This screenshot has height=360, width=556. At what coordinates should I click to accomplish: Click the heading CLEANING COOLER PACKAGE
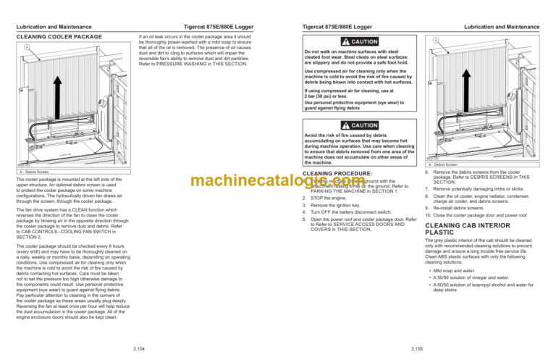click(59, 36)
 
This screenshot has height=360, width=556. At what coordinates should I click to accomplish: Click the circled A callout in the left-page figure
click(26, 49)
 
